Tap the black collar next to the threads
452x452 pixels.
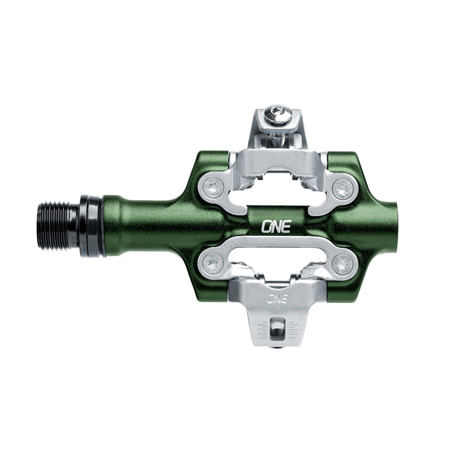point(91,225)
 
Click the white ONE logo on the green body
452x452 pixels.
point(273,224)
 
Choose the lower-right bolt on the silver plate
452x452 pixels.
point(344,263)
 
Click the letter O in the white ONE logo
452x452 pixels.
point(266,224)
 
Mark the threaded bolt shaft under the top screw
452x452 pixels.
point(278,137)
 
